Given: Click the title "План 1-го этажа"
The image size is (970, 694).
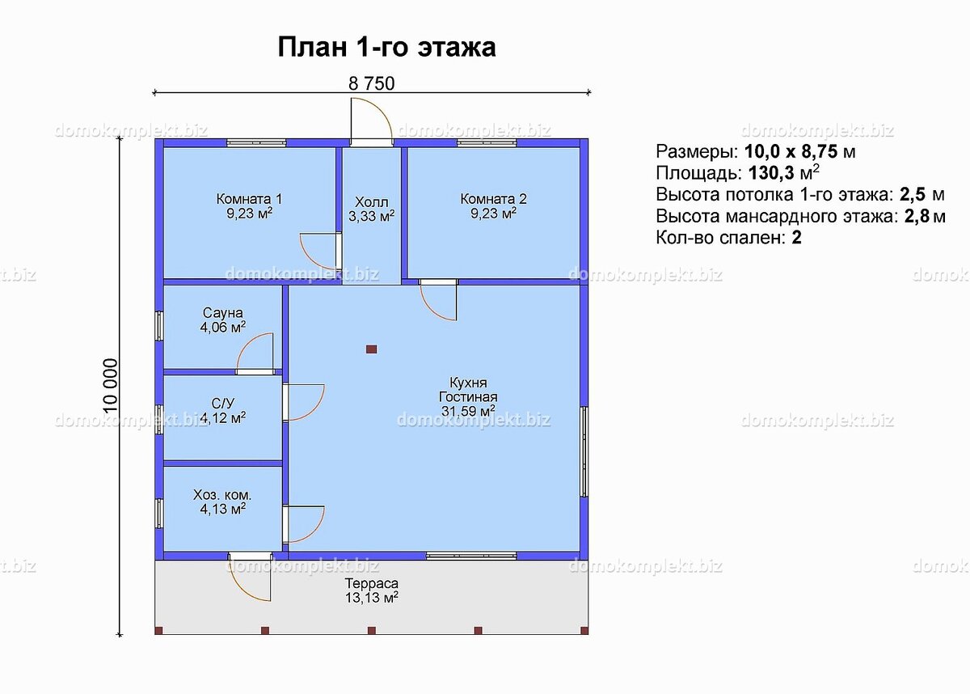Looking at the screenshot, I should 386,47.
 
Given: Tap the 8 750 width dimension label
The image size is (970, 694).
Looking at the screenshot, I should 371,83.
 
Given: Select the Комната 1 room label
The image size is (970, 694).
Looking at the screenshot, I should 249,199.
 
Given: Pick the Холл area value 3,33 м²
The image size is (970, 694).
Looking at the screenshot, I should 371,216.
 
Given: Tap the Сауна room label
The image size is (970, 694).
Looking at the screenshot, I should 223,313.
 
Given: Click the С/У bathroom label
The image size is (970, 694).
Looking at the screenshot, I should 223,403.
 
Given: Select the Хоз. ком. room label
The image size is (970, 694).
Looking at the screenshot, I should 222,494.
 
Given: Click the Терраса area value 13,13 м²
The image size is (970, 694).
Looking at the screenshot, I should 371,598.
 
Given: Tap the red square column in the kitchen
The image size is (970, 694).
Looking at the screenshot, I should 371,349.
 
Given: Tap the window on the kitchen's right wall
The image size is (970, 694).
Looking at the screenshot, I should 584,451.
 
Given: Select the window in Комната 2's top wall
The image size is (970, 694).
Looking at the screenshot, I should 487,143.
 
